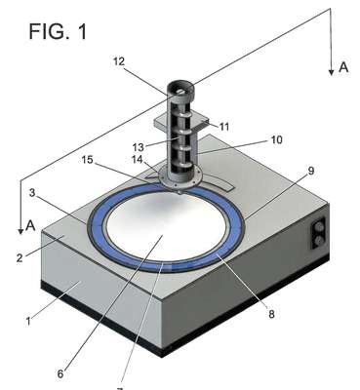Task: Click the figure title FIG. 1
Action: (58, 31)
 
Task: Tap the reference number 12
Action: (119, 61)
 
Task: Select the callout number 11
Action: (224, 127)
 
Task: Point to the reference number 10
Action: (276, 140)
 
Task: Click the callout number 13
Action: (139, 147)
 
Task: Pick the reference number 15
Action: (87, 160)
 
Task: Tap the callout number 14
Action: (139, 160)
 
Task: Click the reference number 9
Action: (311, 171)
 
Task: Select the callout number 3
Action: (32, 193)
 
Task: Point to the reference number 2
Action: (20, 258)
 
